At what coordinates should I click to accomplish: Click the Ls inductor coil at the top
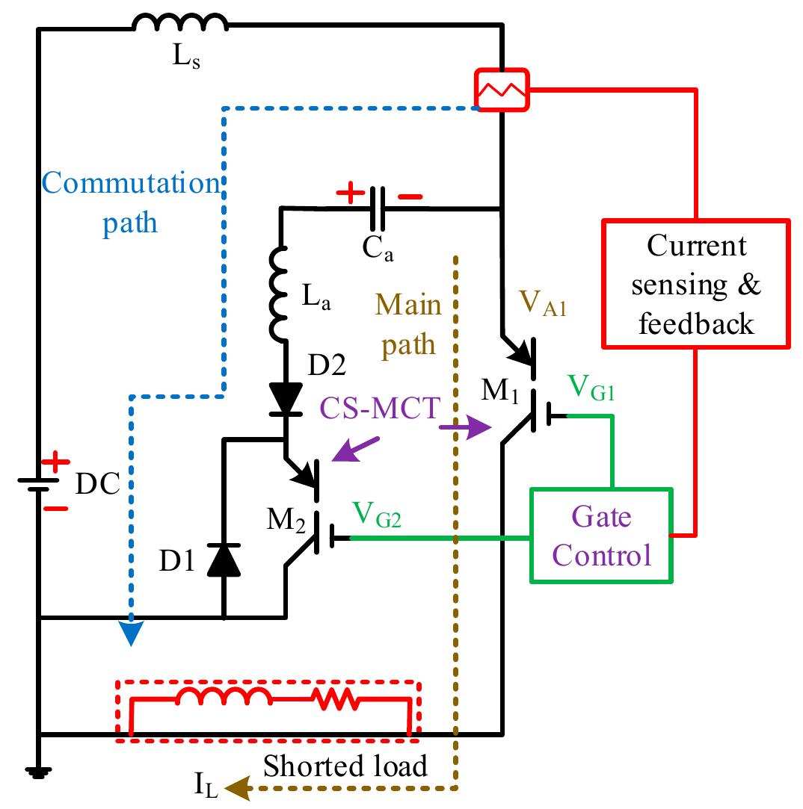179,25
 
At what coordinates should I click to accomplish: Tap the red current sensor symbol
502,90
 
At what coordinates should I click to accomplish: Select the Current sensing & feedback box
695,284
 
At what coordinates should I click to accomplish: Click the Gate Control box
602,536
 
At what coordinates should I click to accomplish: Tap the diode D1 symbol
224,560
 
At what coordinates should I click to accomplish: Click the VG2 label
378,515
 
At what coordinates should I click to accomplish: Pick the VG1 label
591,389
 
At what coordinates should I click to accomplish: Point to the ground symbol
37,772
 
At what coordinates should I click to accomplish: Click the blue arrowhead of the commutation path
131,634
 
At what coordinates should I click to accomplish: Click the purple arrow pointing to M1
464,428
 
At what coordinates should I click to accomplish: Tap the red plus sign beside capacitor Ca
348,195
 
